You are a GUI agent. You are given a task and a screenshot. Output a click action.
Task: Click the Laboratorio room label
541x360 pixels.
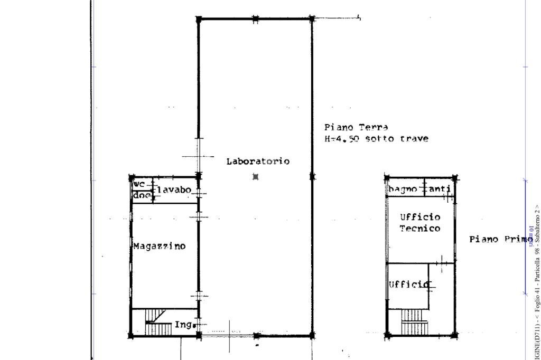pos(258,161)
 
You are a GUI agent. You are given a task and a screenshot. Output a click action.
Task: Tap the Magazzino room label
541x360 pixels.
pos(160,246)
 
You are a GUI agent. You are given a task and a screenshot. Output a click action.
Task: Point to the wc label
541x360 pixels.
pos(139,184)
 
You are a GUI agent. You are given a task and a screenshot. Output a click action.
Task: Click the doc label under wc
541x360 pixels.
pos(141,195)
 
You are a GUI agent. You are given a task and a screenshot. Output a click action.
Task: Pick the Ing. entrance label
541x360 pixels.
pos(183,325)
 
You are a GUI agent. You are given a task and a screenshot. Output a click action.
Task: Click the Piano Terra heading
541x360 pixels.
pos(356,127)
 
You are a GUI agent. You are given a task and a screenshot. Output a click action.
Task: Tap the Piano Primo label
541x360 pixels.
pos(500,239)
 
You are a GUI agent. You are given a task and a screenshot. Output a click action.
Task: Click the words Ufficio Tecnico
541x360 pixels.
pos(420,223)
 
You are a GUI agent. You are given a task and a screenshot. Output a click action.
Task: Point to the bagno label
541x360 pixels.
pos(404,189)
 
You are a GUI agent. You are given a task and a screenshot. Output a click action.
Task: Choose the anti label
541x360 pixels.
pos(440,189)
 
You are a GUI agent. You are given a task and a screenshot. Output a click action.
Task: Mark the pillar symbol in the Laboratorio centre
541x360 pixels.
pos(256,177)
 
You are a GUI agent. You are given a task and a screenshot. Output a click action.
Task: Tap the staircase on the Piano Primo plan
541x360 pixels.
pos(414,322)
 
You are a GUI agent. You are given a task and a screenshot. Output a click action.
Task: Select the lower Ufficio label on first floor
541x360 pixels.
pos(409,285)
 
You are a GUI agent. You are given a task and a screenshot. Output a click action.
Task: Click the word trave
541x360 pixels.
pos(414,139)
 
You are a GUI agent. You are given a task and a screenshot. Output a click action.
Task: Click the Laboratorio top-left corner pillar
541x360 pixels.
pos(199,20)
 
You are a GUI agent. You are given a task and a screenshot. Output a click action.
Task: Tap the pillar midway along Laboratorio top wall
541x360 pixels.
pos(255,19)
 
